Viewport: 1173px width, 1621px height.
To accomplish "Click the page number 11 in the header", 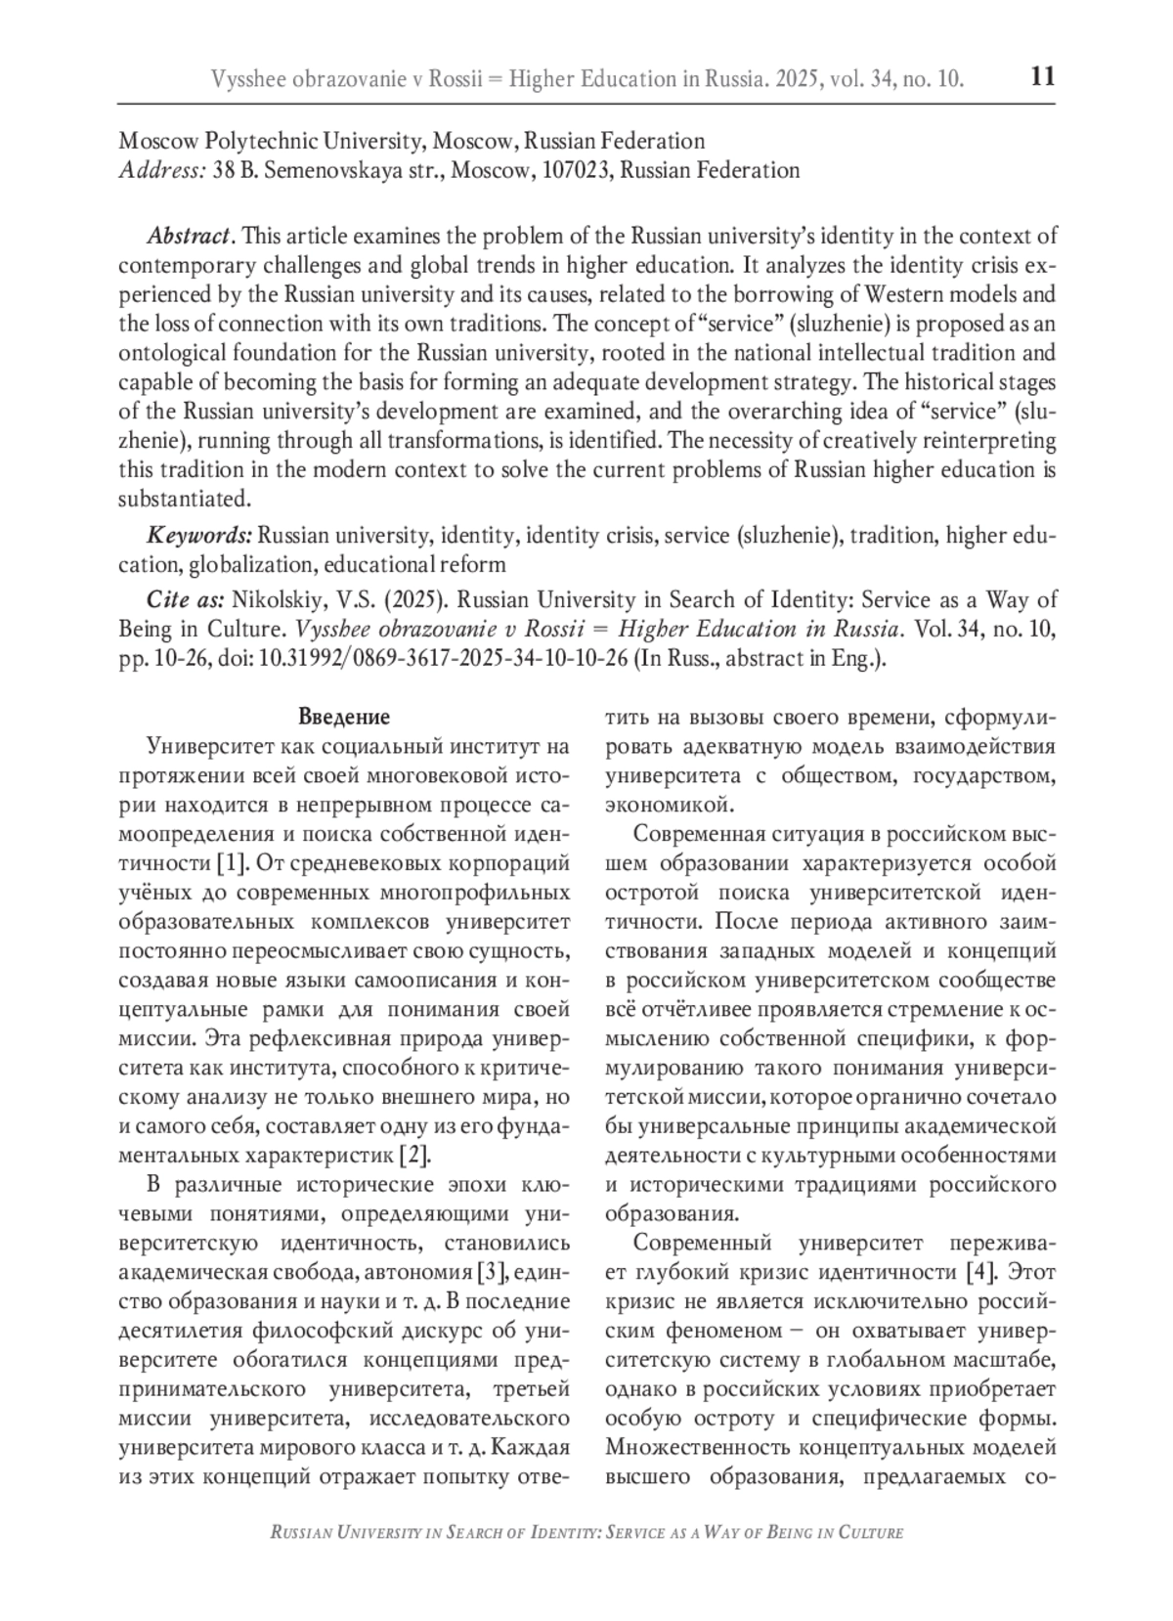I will tap(1043, 77).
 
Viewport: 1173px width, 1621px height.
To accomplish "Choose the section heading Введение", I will tap(343, 717).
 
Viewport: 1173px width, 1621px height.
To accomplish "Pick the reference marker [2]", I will tap(414, 1155).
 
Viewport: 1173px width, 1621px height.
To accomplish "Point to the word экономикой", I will tap(669, 805).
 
